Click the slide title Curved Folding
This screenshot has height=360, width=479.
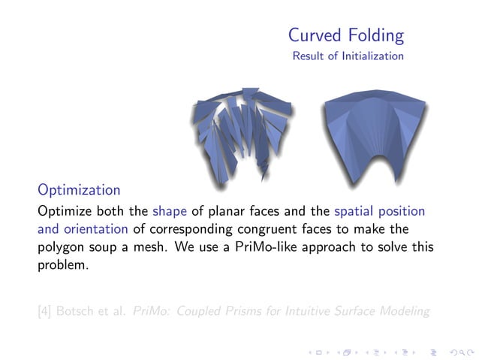coord(346,35)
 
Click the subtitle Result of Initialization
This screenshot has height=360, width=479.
coord(348,56)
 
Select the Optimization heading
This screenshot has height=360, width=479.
coord(79,189)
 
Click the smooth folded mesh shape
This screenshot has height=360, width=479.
coord(373,132)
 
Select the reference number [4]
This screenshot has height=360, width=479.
coord(47,310)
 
